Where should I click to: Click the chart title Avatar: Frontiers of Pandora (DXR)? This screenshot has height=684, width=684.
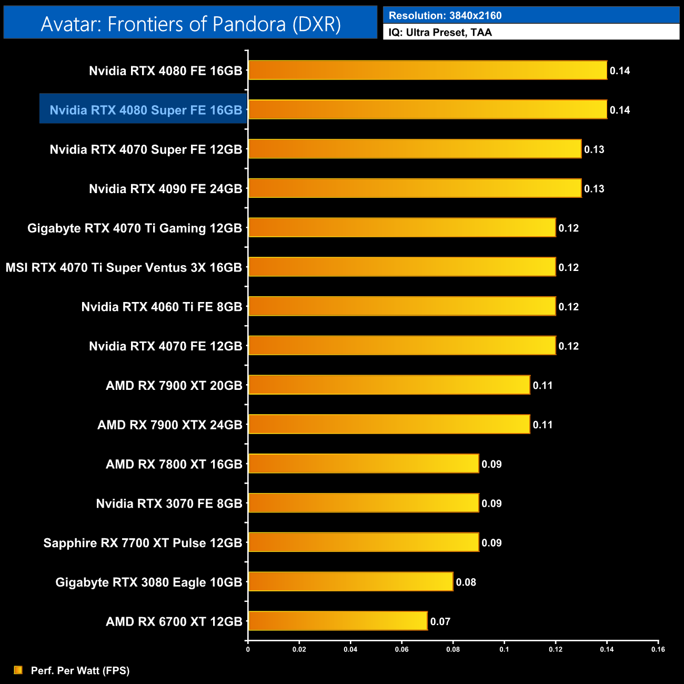190,24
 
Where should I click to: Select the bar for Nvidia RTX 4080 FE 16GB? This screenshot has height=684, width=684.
427,71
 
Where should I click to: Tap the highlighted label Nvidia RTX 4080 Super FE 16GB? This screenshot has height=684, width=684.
146,110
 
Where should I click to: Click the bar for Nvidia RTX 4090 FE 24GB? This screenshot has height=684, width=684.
415,188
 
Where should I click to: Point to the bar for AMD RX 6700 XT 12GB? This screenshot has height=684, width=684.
337,621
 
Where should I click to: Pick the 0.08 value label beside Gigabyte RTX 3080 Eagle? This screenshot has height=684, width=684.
466,582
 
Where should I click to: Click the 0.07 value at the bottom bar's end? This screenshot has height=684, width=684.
440,622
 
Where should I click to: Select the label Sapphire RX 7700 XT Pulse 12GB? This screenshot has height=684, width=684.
143,543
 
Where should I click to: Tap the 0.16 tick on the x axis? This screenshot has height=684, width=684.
658,649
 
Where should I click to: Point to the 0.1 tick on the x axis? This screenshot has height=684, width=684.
504,649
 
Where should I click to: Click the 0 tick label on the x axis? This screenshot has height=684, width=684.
248,649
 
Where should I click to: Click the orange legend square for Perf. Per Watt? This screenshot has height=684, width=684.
18,670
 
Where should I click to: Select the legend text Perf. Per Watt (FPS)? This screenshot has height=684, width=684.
80,670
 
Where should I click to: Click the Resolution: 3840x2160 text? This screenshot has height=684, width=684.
445,16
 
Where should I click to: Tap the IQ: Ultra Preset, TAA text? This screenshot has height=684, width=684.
440,33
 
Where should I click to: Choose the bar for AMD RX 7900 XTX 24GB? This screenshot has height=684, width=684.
389,425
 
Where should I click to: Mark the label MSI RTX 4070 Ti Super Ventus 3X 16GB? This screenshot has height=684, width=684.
124,267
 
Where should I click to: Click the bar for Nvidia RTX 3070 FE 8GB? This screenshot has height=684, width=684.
364,503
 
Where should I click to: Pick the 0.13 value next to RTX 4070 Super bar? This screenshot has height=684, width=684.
594,149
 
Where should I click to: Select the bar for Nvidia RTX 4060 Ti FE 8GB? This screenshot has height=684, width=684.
402,306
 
